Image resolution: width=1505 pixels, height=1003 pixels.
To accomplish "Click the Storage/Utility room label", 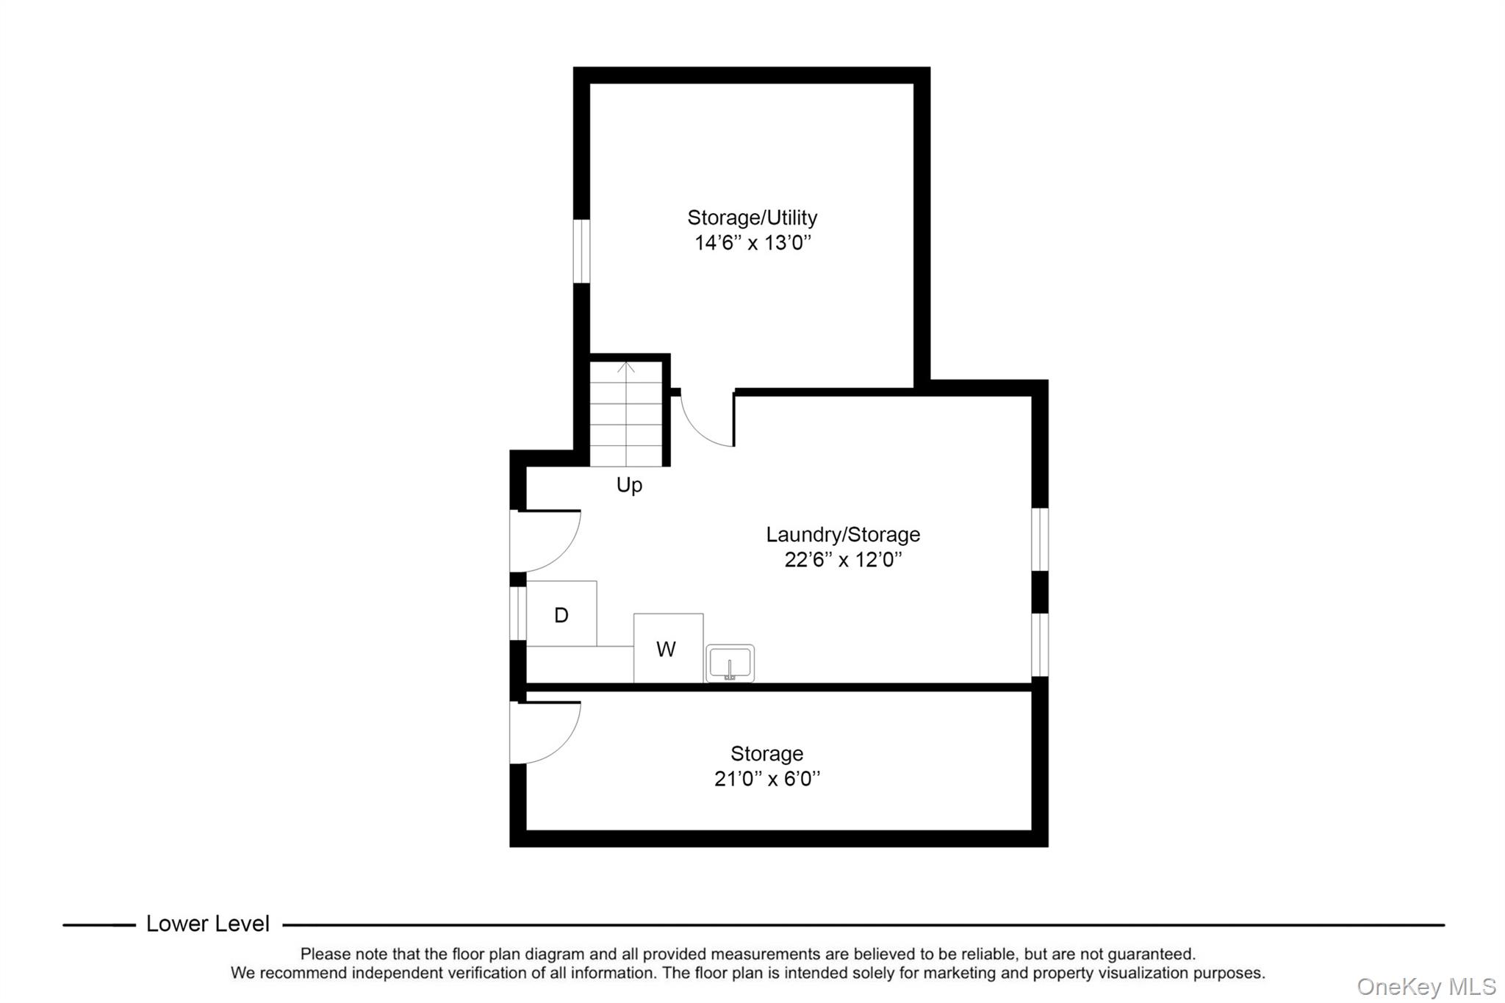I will (x=752, y=218).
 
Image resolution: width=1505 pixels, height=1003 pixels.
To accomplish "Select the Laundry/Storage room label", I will (x=843, y=534).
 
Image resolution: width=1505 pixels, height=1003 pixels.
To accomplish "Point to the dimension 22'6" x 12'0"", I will (x=843, y=560).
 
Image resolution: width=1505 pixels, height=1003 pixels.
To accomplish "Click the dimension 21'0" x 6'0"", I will (x=766, y=779).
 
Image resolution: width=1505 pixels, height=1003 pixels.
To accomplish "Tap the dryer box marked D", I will (x=561, y=614).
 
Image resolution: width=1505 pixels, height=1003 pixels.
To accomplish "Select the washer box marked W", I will (x=667, y=649).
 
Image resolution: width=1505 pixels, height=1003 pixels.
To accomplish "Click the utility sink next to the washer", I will (x=730, y=664).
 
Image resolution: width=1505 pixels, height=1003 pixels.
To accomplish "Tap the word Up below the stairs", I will (x=629, y=485).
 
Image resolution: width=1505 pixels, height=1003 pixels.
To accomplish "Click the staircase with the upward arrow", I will (x=626, y=415).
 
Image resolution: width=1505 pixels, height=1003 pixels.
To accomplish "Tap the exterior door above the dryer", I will (x=544, y=541).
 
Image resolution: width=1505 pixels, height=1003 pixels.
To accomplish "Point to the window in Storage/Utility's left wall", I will (x=581, y=251).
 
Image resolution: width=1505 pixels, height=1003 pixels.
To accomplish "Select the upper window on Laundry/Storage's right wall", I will (x=1040, y=539).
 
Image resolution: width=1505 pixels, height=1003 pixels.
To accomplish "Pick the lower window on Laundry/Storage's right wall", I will (x=1040, y=644).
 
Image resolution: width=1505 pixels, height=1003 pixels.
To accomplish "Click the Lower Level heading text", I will (x=208, y=924).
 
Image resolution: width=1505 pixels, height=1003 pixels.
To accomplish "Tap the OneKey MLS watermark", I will (x=1426, y=986).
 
